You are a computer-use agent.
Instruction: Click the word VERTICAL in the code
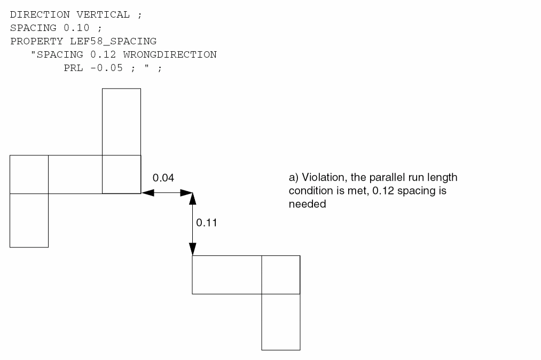click(x=103, y=14)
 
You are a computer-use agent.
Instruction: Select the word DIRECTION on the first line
click(x=40, y=14)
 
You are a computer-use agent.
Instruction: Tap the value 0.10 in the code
click(x=76, y=28)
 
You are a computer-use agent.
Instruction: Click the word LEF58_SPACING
click(x=113, y=42)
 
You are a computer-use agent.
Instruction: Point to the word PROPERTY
click(x=36, y=42)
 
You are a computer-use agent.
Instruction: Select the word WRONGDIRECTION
click(x=170, y=54)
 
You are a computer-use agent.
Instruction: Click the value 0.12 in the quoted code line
click(x=103, y=54)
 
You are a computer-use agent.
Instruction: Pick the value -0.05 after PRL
click(x=107, y=68)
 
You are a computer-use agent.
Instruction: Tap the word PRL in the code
click(x=74, y=68)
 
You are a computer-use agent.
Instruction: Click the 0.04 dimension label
click(x=163, y=178)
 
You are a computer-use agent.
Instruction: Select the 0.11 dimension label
click(x=207, y=223)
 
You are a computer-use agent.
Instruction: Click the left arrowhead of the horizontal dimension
click(x=148, y=193)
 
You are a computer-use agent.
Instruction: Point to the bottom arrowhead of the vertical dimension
click(x=192, y=249)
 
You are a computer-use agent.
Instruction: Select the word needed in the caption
click(x=308, y=204)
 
